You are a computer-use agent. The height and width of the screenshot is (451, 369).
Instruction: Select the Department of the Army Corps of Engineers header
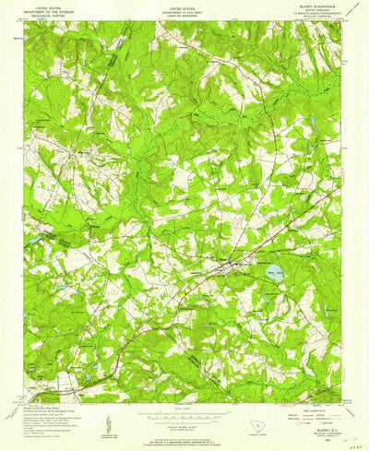(x=183, y=10)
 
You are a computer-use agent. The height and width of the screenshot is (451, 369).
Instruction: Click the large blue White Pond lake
(x=272, y=272)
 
